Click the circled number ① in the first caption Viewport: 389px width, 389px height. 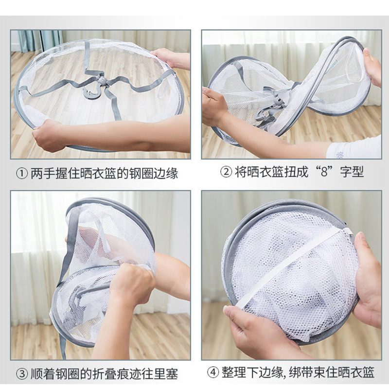click(x=22, y=174)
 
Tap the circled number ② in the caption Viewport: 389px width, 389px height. click(x=226, y=172)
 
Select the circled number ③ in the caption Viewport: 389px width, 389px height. click(x=22, y=374)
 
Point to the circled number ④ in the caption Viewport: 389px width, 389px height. click(x=213, y=372)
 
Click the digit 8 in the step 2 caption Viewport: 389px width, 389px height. click(x=324, y=172)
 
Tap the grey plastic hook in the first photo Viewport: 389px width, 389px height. click(x=95, y=88)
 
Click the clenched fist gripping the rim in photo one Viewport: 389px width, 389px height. click(x=48, y=135)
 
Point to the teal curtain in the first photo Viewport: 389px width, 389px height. click(x=40, y=40)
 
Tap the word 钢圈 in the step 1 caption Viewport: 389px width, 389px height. click(x=141, y=174)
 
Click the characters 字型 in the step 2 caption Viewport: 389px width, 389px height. click(x=352, y=172)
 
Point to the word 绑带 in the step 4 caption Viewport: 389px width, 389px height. click(x=301, y=372)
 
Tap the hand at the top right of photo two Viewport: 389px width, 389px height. click(x=372, y=68)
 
